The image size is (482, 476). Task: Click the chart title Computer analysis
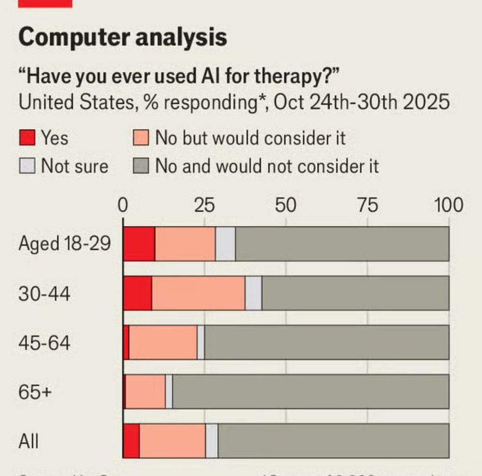click(123, 37)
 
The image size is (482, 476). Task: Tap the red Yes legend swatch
click(27, 138)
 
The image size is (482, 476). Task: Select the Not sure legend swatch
click(27, 166)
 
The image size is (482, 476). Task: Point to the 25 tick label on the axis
click(204, 205)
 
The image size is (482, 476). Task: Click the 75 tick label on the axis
click(367, 205)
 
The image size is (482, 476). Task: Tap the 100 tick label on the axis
click(448, 205)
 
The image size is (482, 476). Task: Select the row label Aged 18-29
click(64, 244)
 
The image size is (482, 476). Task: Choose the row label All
click(28, 441)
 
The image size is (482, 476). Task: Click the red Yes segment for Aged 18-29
click(139, 244)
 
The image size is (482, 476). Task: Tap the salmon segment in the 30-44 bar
click(198, 293)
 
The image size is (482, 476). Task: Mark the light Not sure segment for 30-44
click(254, 293)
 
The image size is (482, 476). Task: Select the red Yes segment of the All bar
click(131, 441)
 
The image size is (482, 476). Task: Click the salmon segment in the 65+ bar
click(145, 392)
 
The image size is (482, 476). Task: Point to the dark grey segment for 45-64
click(326, 342)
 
